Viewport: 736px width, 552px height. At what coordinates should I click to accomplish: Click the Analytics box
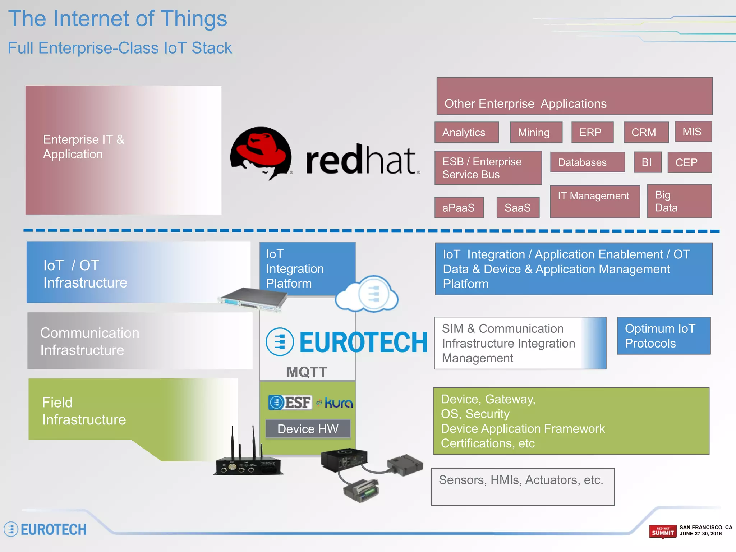coord(466,132)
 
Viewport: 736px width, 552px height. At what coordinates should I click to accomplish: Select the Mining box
coord(536,132)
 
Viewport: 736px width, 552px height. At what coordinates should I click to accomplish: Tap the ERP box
coord(592,132)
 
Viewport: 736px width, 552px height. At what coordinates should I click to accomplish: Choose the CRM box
coord(646,132)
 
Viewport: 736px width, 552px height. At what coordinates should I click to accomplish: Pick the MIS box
coord(693,132)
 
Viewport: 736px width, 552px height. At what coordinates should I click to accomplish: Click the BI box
coord(647,162)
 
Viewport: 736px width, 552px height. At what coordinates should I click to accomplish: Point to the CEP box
coord(689,162)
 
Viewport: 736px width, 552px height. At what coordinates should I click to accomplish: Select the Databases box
coord(587,162)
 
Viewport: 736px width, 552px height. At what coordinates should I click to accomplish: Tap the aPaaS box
coord(459,207)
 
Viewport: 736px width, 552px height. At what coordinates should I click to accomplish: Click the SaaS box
coord(517,207)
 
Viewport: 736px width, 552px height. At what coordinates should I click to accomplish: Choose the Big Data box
coord(679,201)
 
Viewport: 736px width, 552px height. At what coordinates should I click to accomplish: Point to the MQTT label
coord(307,372)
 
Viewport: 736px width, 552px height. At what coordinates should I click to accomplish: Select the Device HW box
coord(308,429)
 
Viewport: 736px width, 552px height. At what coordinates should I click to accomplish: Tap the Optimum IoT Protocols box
coord(663,336)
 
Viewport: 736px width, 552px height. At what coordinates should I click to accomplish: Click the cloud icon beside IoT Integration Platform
coord(367,294)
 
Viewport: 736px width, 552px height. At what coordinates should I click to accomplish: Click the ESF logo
coord(290,402)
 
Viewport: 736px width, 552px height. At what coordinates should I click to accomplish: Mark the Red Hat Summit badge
coord(662,532)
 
